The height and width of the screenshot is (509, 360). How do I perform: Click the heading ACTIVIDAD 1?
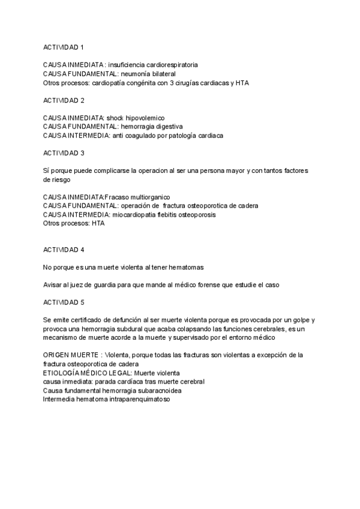pyautogui.click(x=64, y=47)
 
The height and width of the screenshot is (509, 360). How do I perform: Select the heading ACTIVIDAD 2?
pyautogui.click(x=64, y=100)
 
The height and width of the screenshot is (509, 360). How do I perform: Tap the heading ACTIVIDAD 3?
pyautogui.click(x=64, y=153)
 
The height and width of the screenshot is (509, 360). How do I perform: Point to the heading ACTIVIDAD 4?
pyautogui.click(x=64, y=249)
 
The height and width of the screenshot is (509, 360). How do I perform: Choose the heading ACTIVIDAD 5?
pyautogui.click(x=64, y=302)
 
